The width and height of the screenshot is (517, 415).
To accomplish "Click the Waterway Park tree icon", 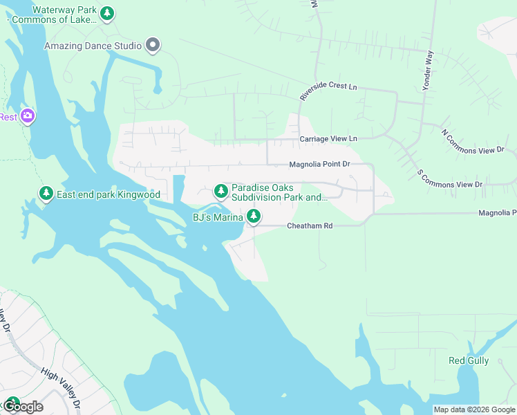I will pyautogui.click(x=106, y=13).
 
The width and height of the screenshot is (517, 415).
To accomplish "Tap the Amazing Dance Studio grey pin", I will pyautogui.click(x=153, y=46).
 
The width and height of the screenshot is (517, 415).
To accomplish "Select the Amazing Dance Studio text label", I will pyautogui.click(x=93, y=46).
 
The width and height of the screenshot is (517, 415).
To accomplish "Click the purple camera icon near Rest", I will pyautogui.click(x=28, y=116).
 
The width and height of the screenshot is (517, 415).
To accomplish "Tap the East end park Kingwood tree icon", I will pyautogui.click(x=46, y=194).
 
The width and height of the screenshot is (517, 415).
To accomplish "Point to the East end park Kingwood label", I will pyautogui.click(x=109, y=195).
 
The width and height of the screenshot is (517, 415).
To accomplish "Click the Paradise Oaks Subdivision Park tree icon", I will pyautogui.click(x=221, y=190).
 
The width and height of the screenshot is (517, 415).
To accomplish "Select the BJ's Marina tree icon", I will pyautogui.click(x=254, y=217).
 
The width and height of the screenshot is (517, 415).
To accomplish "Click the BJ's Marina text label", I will pyautogui.click(x=217, y=218).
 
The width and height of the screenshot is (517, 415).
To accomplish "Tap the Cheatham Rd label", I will pyautogui.click(x=310, y=226).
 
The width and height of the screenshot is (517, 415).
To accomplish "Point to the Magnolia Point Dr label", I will pyautogui.click(x=320, y=165).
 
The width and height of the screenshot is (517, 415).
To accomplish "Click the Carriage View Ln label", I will pyautogui.click(x=328, y=139).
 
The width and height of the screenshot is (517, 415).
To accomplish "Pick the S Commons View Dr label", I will pyautogui.click(x=449, y=178).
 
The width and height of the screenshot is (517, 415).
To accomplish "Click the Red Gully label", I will pyautogui.click(x=469, y=360).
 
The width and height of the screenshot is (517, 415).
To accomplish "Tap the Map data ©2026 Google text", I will pyautogui.click(x=473, y=409).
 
